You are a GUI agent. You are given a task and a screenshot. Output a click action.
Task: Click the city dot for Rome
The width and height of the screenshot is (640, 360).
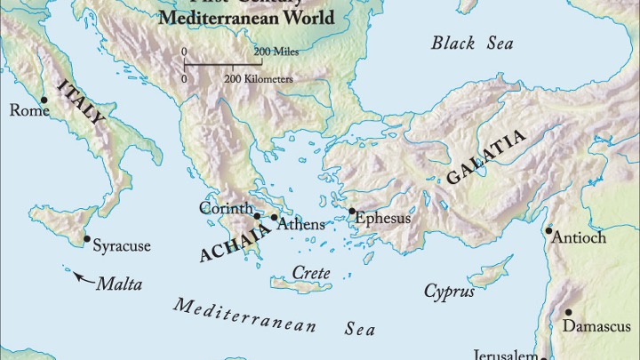(44, 100)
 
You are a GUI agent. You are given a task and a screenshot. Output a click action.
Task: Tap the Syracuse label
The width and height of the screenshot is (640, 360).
(122, 245)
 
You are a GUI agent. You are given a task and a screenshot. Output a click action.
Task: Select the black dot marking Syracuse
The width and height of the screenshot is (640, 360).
(86, 238)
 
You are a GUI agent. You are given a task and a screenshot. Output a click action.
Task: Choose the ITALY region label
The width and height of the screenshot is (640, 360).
(81, 106)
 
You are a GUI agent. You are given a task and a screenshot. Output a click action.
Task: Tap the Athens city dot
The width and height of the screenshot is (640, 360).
(274, 218)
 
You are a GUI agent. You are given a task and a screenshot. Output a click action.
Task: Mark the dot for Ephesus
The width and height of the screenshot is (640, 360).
(352, 212)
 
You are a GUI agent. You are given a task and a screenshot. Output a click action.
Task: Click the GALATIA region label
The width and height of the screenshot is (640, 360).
(486, 157)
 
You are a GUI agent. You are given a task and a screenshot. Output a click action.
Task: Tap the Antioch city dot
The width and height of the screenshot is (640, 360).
(549, 230)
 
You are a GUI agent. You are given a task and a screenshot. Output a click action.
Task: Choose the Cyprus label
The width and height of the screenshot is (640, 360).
(449, 291)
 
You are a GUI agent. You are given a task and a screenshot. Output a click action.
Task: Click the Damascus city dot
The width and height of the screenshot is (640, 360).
(568, 312)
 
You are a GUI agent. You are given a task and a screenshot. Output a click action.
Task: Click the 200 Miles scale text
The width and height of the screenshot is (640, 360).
(275, 51)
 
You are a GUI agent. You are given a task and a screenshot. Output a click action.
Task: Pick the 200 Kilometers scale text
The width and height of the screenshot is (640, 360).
(259, 79)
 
